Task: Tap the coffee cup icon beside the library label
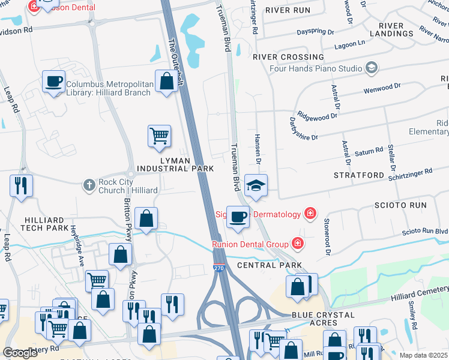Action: coord(53,80)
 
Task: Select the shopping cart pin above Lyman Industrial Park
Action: coord(159,136)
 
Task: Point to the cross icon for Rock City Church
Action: coord(89,185)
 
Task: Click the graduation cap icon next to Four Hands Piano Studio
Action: coord(371,67)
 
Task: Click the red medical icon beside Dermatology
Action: coord(310,214)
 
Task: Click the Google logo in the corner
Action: coord(20,353)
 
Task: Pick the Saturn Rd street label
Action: coord(369,151)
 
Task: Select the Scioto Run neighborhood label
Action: coord(400,205)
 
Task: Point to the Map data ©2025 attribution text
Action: coord(423,355)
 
